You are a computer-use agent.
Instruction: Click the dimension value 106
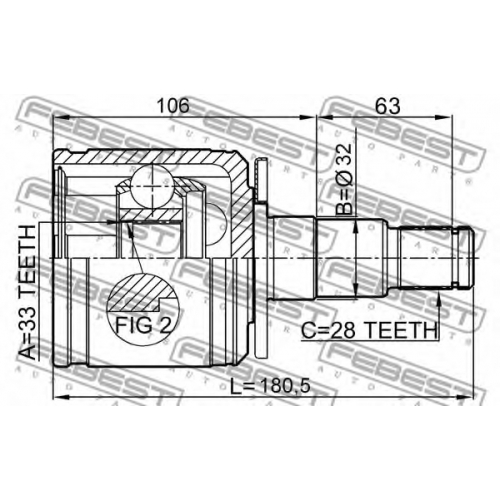pos(173,105)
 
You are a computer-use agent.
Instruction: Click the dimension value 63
pos(387,106)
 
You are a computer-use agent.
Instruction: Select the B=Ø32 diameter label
pos(344,179)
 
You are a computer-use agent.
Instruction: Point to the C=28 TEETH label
pos(369,330)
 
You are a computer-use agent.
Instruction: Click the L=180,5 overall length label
pos(270,386)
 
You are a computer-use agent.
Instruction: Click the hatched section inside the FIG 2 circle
pos(141,291)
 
